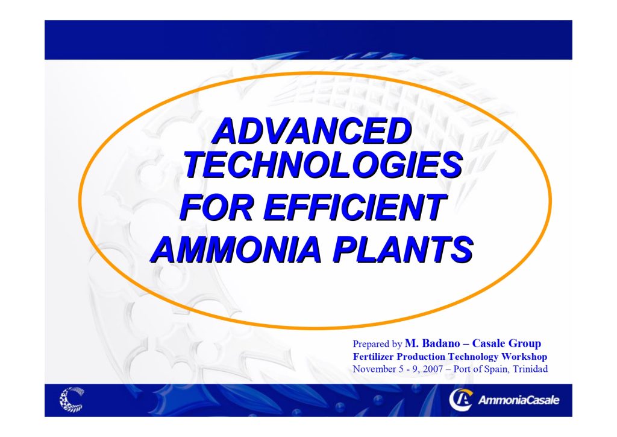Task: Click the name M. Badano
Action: pyautogui.click(x=429, y=344)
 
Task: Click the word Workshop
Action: pyautogui.click(x=525, y=357)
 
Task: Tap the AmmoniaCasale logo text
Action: pyautogui.click(x=518, y=400)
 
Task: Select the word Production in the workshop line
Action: pyautogui.click(x=420, y=357)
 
